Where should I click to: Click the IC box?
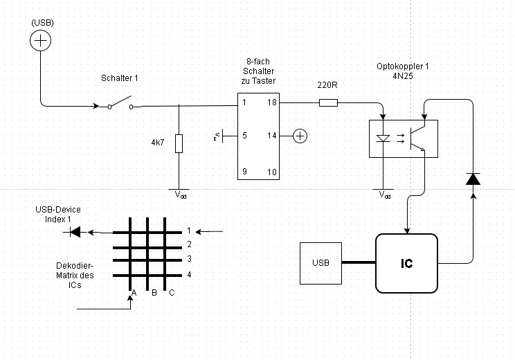pos(406,263)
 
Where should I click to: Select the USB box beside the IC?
pos(320,263)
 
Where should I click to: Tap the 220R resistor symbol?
pos(328,103)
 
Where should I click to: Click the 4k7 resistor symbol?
pos(179,143)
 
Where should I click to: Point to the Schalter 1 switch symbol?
pos(119,105)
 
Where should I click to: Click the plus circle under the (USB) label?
pos(41,42)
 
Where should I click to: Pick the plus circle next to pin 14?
pos(299,136)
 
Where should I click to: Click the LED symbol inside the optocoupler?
pos(383,138)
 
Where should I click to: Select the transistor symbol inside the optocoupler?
pos(417,137)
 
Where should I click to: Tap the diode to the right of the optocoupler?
pos(473,179)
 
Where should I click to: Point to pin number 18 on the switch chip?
pos(272,102)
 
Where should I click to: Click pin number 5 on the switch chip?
pos(244,136)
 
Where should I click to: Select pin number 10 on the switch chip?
pos(272,171)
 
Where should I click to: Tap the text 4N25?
pos(403,76)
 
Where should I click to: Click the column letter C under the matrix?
pos(172,293)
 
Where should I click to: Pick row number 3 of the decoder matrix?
pos(188,259)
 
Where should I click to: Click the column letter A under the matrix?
pos(134,293)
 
